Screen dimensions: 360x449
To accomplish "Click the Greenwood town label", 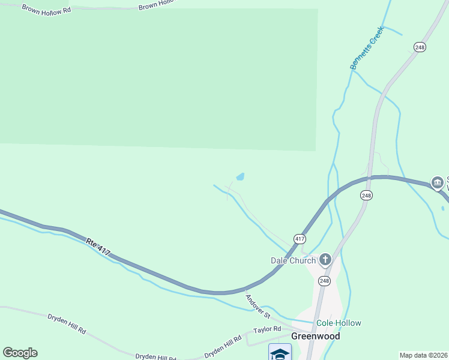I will [x=315, y=336].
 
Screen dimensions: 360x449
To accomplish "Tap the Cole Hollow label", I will [x=339, y=323].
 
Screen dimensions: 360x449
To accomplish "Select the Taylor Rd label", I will [x=267, y=329].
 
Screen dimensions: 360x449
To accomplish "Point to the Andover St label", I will [x=259, y=305].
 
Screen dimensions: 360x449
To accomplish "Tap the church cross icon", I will [x=325, y=259].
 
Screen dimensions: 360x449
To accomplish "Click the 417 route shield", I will [x=300, y=239].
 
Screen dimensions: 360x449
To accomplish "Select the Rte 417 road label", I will [x=98, y=247].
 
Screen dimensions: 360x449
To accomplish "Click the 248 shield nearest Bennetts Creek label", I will [x=420, y=47].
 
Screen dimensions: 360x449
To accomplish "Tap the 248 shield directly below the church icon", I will [x=324, y=281].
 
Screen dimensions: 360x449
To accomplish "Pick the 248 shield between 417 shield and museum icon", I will [x=367, y=196].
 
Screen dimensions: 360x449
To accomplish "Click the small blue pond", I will [x=240, y=177].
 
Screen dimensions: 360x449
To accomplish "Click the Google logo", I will [x=20, y=353].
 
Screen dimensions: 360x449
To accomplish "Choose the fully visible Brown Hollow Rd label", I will [x=46, y=10].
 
